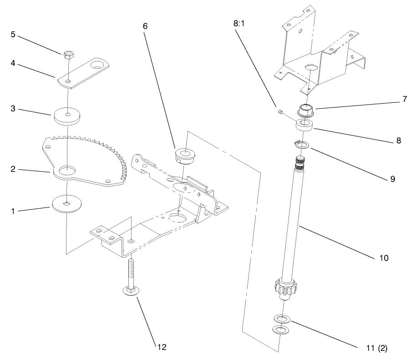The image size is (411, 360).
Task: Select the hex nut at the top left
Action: click(x=67, y=55)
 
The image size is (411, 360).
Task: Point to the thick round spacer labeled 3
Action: click(x=67, y=116)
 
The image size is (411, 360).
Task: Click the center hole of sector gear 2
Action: click(x=67, y=170)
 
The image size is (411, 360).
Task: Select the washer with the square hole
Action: click(x=67, y=203)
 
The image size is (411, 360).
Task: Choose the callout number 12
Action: click(x=162, y=347)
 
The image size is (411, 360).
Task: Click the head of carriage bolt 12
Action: click(x=130, y=291)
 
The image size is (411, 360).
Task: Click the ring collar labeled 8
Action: click(x=305, y=125)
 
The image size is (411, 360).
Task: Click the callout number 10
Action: click(x=383, y=258)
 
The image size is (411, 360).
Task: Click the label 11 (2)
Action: click(x=376, y=349)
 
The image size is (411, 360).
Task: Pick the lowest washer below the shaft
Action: click(x=281, y=329)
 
